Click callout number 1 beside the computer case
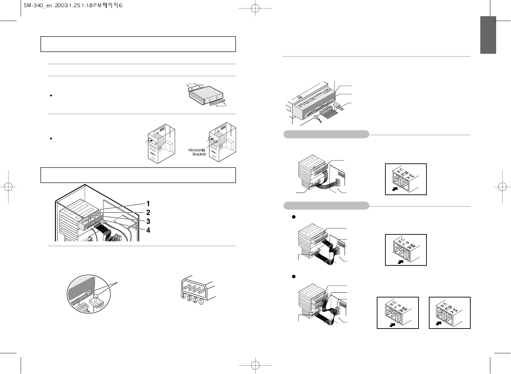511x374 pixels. [148, 204]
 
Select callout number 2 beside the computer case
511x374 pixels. [148, 212]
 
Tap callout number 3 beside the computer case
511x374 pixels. [148, 221]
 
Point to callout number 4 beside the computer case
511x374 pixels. [148, 230]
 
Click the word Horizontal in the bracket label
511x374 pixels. [197, 150]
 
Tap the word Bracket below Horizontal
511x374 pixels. [199, 154]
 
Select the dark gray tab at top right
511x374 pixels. [488, 35]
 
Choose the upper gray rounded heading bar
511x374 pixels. [326, 134]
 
